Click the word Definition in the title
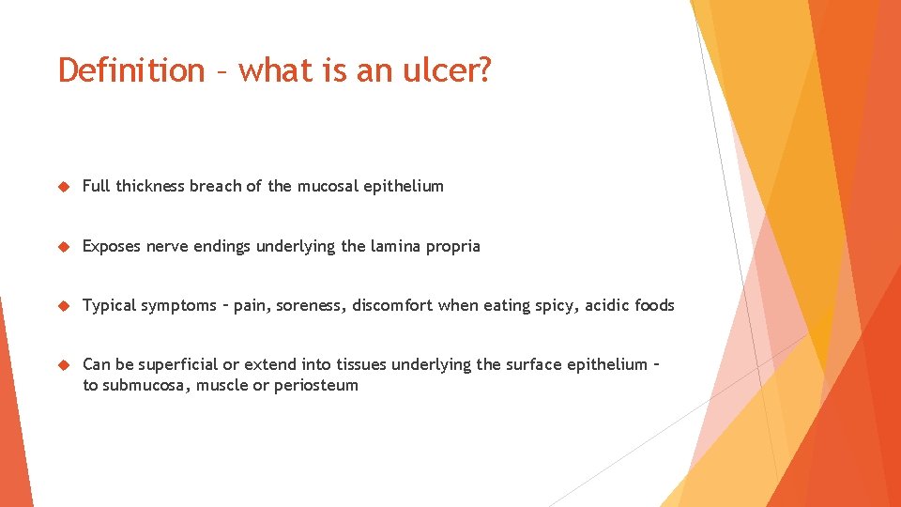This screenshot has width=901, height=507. [x=130, y=70]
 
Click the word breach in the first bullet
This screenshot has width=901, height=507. [x=215, y=186]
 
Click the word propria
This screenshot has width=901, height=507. [x=452, y=247]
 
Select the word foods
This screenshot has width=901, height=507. [x=654, y=305]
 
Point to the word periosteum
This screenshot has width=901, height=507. [x=316, y=386]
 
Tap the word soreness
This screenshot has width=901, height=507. [x=311, y=306]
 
